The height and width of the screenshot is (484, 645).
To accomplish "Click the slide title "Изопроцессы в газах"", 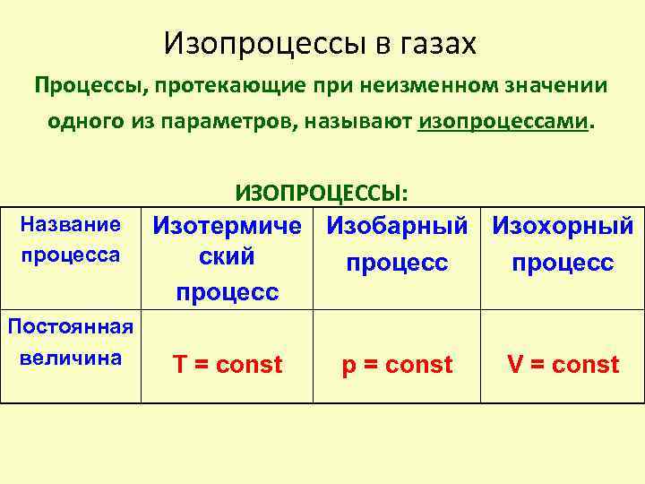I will pos(322,42).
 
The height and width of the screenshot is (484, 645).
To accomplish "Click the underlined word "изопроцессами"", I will pos(504,121).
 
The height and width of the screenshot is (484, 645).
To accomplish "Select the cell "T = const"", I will pos(227,365).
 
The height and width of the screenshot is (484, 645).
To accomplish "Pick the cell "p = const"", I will pos(397,365).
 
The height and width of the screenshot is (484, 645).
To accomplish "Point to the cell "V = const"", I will pos(563,365).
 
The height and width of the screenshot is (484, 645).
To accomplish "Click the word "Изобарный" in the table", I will pos(397,226).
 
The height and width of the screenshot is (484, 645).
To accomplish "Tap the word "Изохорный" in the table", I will pos(563,226).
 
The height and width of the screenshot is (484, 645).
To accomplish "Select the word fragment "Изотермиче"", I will pos(227,226).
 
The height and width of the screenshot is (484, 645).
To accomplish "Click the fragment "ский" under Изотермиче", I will pos(227,257).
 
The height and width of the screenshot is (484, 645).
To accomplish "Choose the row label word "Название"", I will pos(70,222).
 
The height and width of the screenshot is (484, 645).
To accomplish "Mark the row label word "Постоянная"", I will pos(70,325).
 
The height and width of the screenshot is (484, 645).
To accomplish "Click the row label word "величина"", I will pos(70,357).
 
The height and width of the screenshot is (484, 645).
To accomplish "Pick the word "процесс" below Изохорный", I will pos(563,263).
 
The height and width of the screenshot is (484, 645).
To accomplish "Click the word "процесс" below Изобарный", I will pos(397,263).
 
